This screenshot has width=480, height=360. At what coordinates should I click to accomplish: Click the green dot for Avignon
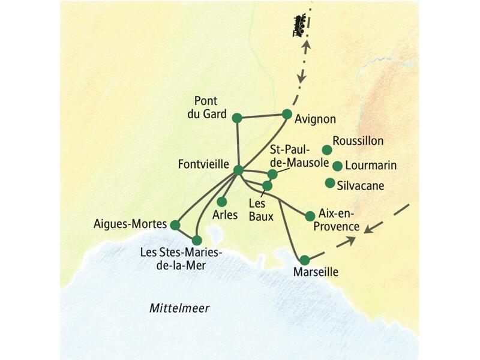(287, 113)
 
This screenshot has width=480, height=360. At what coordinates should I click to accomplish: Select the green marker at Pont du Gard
(237, 118)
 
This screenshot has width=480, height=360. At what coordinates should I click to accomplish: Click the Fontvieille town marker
(238, 170)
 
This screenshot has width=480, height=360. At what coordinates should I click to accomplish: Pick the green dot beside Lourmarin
(337, 166)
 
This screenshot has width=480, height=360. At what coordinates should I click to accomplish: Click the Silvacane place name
(360, 185)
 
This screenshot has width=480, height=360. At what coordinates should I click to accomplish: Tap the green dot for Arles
(221, 202)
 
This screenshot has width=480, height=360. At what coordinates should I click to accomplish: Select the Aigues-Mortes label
(130, 224)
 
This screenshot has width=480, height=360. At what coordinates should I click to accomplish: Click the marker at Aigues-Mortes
(175, 225)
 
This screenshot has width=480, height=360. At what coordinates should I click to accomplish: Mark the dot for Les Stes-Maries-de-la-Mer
(197, 240)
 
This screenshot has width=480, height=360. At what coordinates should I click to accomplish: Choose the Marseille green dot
(305, 260)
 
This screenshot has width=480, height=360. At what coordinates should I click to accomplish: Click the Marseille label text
(316, 272)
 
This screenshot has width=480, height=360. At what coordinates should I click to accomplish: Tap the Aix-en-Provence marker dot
(310, 216)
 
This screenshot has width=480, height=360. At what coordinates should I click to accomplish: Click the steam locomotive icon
(300, 26)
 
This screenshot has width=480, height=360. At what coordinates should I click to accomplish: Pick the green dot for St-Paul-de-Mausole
(272, 174)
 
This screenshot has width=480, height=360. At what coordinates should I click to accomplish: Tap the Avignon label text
(315, 119)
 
